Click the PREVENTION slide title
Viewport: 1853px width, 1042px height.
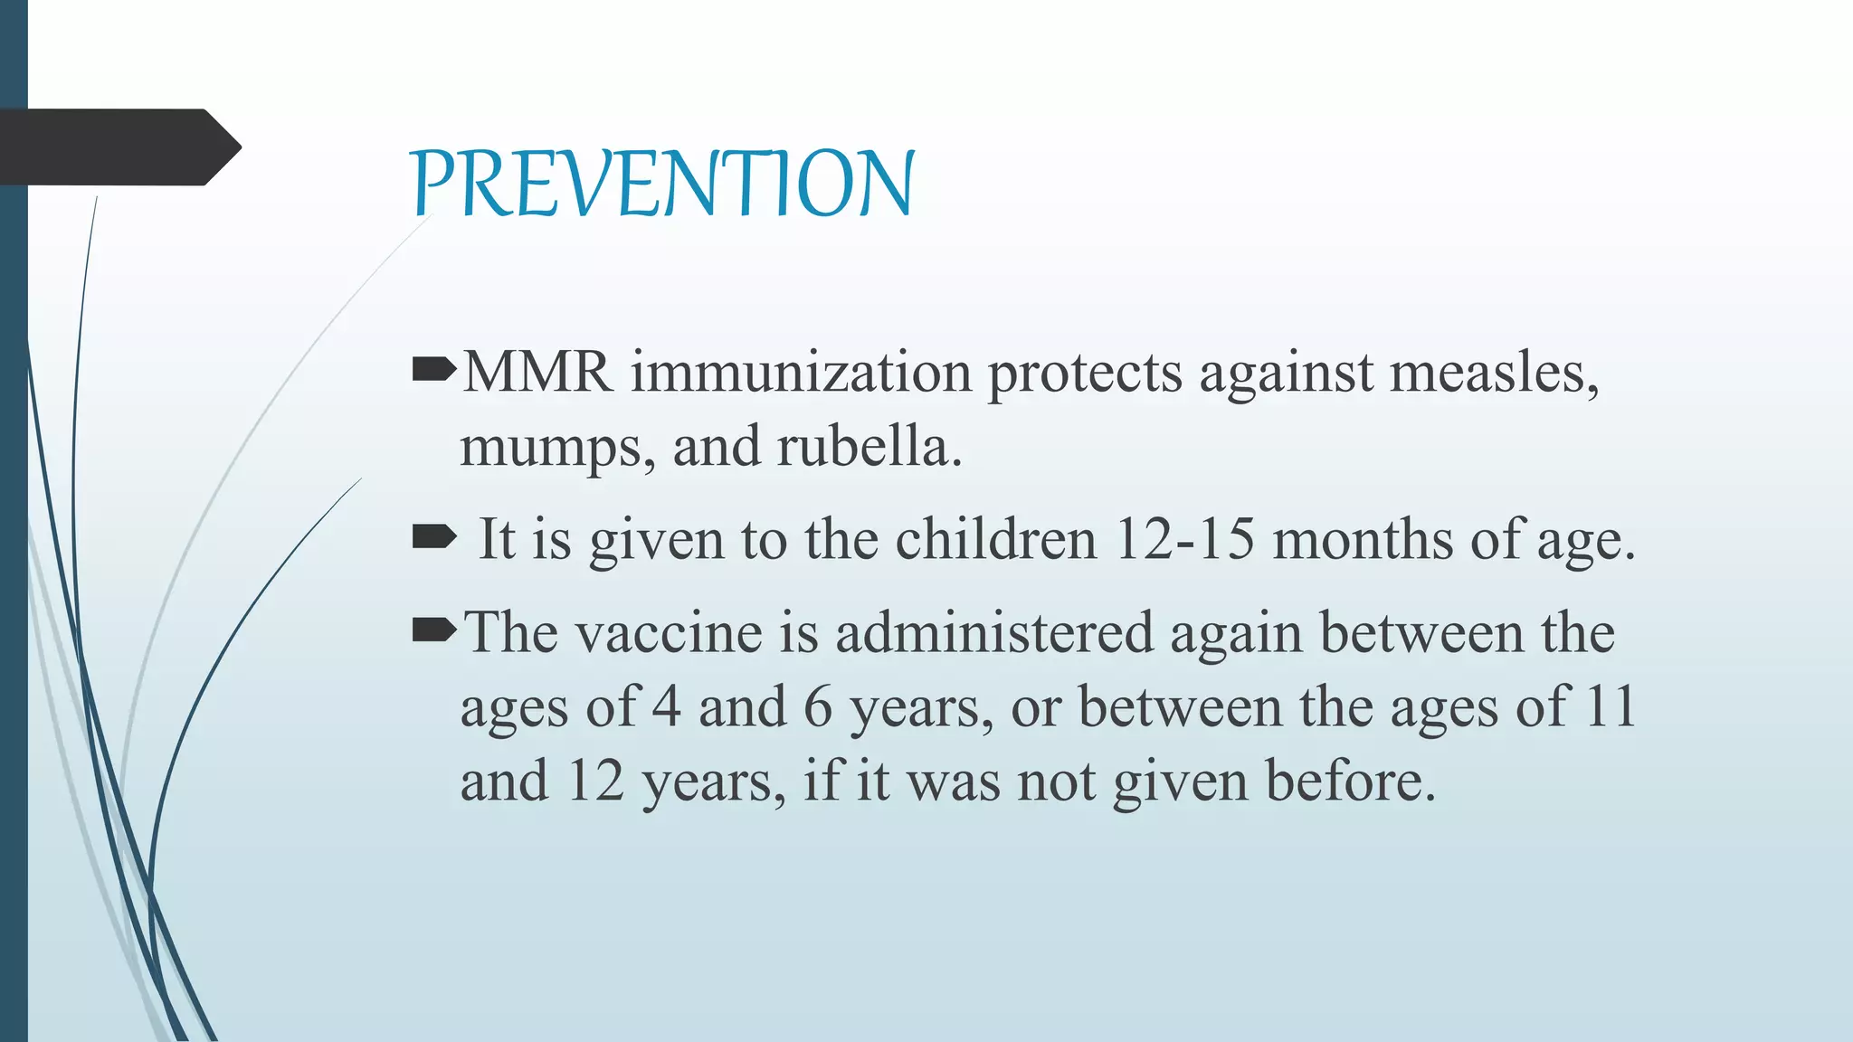point(662,184)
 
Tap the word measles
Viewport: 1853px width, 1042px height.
point(1493,373)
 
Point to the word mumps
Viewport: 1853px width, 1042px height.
point(556,448)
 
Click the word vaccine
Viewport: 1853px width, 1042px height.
point(670,632)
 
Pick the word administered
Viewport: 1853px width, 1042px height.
point(993,632)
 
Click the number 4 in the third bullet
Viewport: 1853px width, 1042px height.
point(666,706)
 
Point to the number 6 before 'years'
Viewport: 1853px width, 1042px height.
point(817,706)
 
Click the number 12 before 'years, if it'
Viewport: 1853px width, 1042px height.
point(595,781)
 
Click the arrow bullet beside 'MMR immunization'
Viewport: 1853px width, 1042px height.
point(434,370)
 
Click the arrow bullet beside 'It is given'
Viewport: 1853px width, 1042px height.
point(434,538)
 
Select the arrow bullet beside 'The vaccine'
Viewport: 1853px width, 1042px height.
point(434,630)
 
